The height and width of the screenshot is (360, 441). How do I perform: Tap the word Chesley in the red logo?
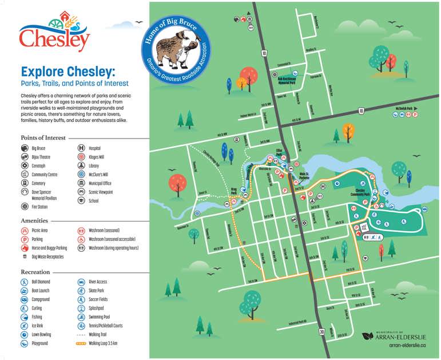pyautogui.click(x=54, y=40)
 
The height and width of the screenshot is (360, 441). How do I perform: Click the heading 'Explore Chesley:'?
pyautogui.click(x=67, y=72)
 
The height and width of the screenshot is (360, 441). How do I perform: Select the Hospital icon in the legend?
pyautogui.click(x=81, y=148)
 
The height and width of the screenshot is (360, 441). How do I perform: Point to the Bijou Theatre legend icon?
pyautogui.click(x=25, y=156)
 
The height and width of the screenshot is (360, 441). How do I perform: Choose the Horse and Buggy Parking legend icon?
pyautogui.click(x=25, y=248)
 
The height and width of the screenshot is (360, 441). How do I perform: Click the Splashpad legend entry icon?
pyautogui.click(x=81, y=308)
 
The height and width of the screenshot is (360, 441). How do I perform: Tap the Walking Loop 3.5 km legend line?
pyautogui.click(x=81, y=343)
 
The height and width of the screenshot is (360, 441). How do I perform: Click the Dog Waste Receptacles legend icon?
pyautogui.click(x=25, y=257)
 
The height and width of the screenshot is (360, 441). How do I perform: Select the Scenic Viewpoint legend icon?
pyautogui.click(x=81, y=192)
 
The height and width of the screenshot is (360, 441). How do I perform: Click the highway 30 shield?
pyautogui.click(x=322, y=331)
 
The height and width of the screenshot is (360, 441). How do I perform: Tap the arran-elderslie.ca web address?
pyautogui.click(x=408, y=346)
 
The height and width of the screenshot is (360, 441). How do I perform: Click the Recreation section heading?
pyautogui.click(x=35, y=272)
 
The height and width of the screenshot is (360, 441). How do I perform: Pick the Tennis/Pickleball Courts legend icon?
pyautogui.click(x=81, y=326)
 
